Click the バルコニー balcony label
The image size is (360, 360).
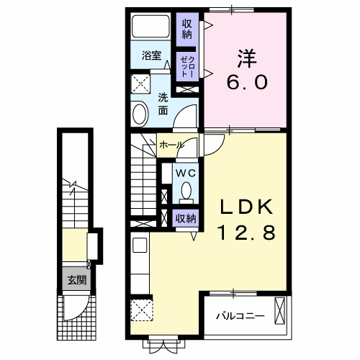[240, 315]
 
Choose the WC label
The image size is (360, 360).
[186, 173]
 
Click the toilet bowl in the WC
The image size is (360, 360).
[186, 192]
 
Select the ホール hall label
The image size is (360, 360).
[171, 145]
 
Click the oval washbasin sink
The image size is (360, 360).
[140, 112]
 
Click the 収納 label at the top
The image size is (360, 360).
[186, 28]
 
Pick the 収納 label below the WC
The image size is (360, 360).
[185, 218]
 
